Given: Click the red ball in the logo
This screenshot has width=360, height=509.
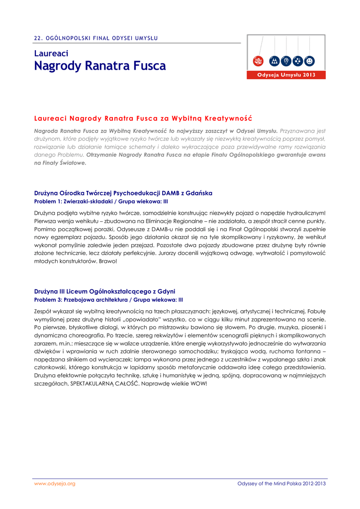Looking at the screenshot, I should point(258,61).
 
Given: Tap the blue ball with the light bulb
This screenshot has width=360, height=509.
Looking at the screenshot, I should point(286,61).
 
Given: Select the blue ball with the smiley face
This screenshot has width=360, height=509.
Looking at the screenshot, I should point(310,61).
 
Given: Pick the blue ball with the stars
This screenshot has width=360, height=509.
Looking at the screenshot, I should point(298,61).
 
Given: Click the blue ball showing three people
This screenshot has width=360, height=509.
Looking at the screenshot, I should point(274,61).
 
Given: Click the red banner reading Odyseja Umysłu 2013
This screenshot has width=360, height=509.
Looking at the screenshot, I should point(286,75).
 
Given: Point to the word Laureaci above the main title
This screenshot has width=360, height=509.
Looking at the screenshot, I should point(51,53).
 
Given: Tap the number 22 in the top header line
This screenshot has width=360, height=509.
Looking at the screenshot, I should point(37,38).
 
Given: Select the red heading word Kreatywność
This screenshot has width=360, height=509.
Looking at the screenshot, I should point(227,118).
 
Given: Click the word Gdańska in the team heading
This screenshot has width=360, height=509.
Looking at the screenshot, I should point(201,193).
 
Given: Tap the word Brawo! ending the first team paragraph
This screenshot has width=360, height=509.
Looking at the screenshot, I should point(108,261).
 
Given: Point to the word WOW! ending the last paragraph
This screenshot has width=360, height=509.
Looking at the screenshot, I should point(197,384).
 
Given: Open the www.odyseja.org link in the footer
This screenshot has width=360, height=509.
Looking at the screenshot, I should point(55,484).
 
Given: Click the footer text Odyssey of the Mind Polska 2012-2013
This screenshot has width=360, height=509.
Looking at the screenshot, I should point(281,484).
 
